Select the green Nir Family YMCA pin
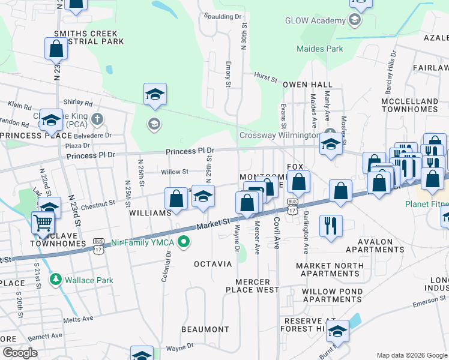(x=185, y=242)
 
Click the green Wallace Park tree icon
(x=56, y=279)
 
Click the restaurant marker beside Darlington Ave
(x=331, y=226)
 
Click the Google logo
(x=20, y=353)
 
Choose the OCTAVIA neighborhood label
(x=212, y=264)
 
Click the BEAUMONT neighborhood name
(x=206, y=329)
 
